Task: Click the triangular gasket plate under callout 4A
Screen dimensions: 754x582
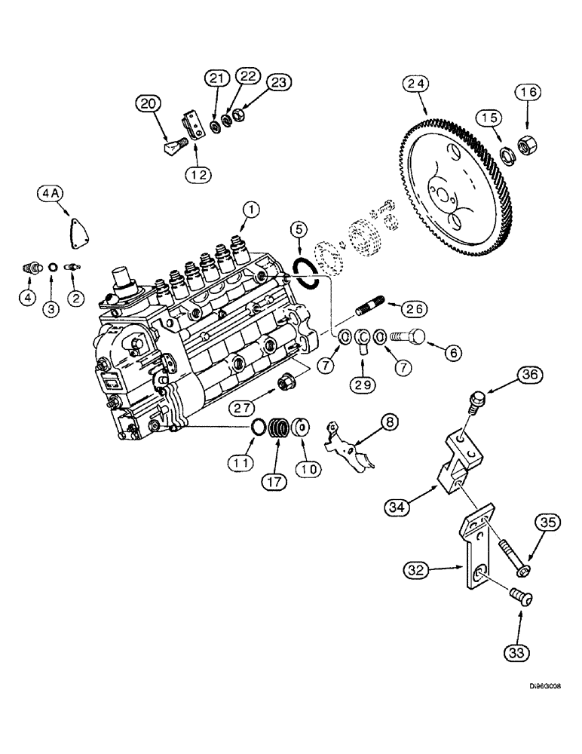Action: click(77, 228)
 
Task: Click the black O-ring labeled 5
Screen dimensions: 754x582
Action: click(309, 270)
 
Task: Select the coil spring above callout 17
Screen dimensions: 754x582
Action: click(280, 434)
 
